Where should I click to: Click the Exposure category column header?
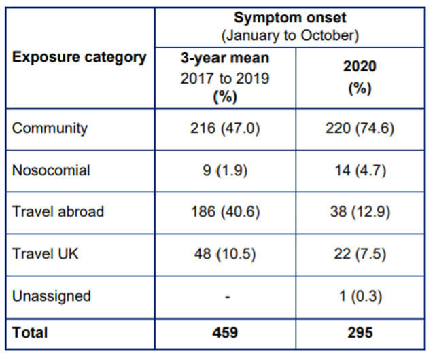click(79, 58)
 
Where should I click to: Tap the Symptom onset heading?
click(290, 18)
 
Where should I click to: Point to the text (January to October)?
click(290, 35)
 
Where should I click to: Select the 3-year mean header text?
click(225, 58)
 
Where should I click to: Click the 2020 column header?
click(360, 67)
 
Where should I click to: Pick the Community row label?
click(50, 128)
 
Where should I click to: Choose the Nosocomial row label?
click(51, 170)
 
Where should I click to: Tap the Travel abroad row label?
click(58, 212)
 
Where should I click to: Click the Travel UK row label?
click(46, 254)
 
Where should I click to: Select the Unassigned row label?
click(52, 296)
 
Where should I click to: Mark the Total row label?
click(30, 333)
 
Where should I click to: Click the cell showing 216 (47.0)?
click(225, 128)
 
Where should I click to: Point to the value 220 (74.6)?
click(360, 128)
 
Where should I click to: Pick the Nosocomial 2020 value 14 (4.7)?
click(360, 170)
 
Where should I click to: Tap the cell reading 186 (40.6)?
click(225, 212)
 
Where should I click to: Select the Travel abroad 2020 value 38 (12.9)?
click(360, 212)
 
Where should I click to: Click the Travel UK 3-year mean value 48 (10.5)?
click(225, 254)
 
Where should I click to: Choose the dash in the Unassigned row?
click(228, 298)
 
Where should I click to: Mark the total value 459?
click(225, 333)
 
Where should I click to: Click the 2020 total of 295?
click(360, 333)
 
